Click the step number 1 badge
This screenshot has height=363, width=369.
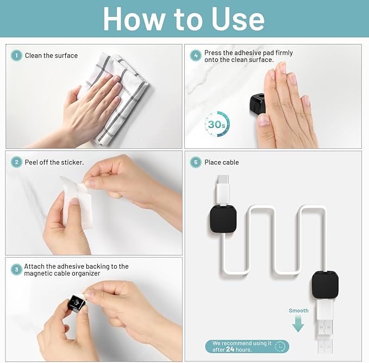pyautogui.click(x=16, y=56)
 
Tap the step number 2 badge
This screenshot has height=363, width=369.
pyautogui.click(x=16, y=162)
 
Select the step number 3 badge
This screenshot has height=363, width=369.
pyautogui.click(x=16, y=270)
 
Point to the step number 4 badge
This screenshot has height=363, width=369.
pyautogui.click(x=196, y=55)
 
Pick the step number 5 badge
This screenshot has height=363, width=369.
pyautogui.click(x=196, y=162)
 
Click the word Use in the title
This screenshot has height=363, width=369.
pyautogui.click(x=238, y=20)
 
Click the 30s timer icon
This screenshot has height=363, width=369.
pyautogui.click(x=217, y=124)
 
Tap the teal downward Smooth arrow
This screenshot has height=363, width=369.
pyautogui.click(x=298, y=323)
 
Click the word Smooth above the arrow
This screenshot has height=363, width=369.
pyautogui.click(x=298, y=310)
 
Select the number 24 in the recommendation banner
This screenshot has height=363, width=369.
pyautogui.click(x=230, y=349)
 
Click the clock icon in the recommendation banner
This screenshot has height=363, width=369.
pyautogui.click(x=280, y=346)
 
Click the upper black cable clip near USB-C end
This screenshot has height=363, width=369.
pyautogui.click(x=223, y=219)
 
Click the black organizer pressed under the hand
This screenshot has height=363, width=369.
pyautogui.click(x=258, y=103)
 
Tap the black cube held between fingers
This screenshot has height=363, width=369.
pyautogui.click(x=77, y=303)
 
